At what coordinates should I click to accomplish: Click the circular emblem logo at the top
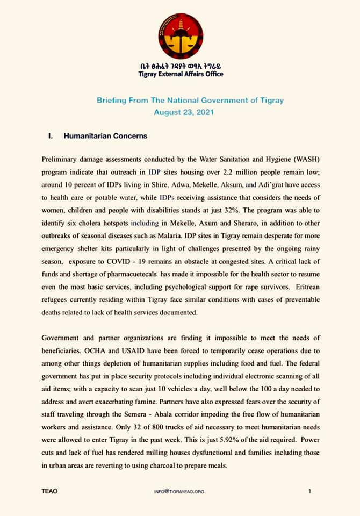click(181, 36)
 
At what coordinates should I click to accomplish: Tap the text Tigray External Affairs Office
click(181, 74)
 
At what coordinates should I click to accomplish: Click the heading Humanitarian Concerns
click(105, 136)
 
